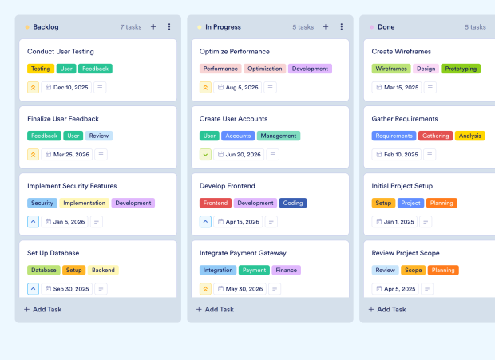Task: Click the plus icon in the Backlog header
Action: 153,27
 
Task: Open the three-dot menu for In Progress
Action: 341,27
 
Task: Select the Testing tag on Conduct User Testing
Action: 41,69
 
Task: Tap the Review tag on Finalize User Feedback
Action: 99,136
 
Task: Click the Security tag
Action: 42,203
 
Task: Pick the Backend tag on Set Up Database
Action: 103,270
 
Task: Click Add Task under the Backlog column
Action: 43,309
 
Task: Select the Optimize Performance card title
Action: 234,51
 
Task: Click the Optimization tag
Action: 264,69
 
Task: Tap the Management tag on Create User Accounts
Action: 279,136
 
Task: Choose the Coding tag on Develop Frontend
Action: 293,203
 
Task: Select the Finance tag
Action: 286,270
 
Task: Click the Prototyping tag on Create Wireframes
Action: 461,69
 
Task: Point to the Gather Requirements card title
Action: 405,118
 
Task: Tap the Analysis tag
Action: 470,136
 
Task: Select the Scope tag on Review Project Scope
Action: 413,270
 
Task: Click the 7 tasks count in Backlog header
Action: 131,27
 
